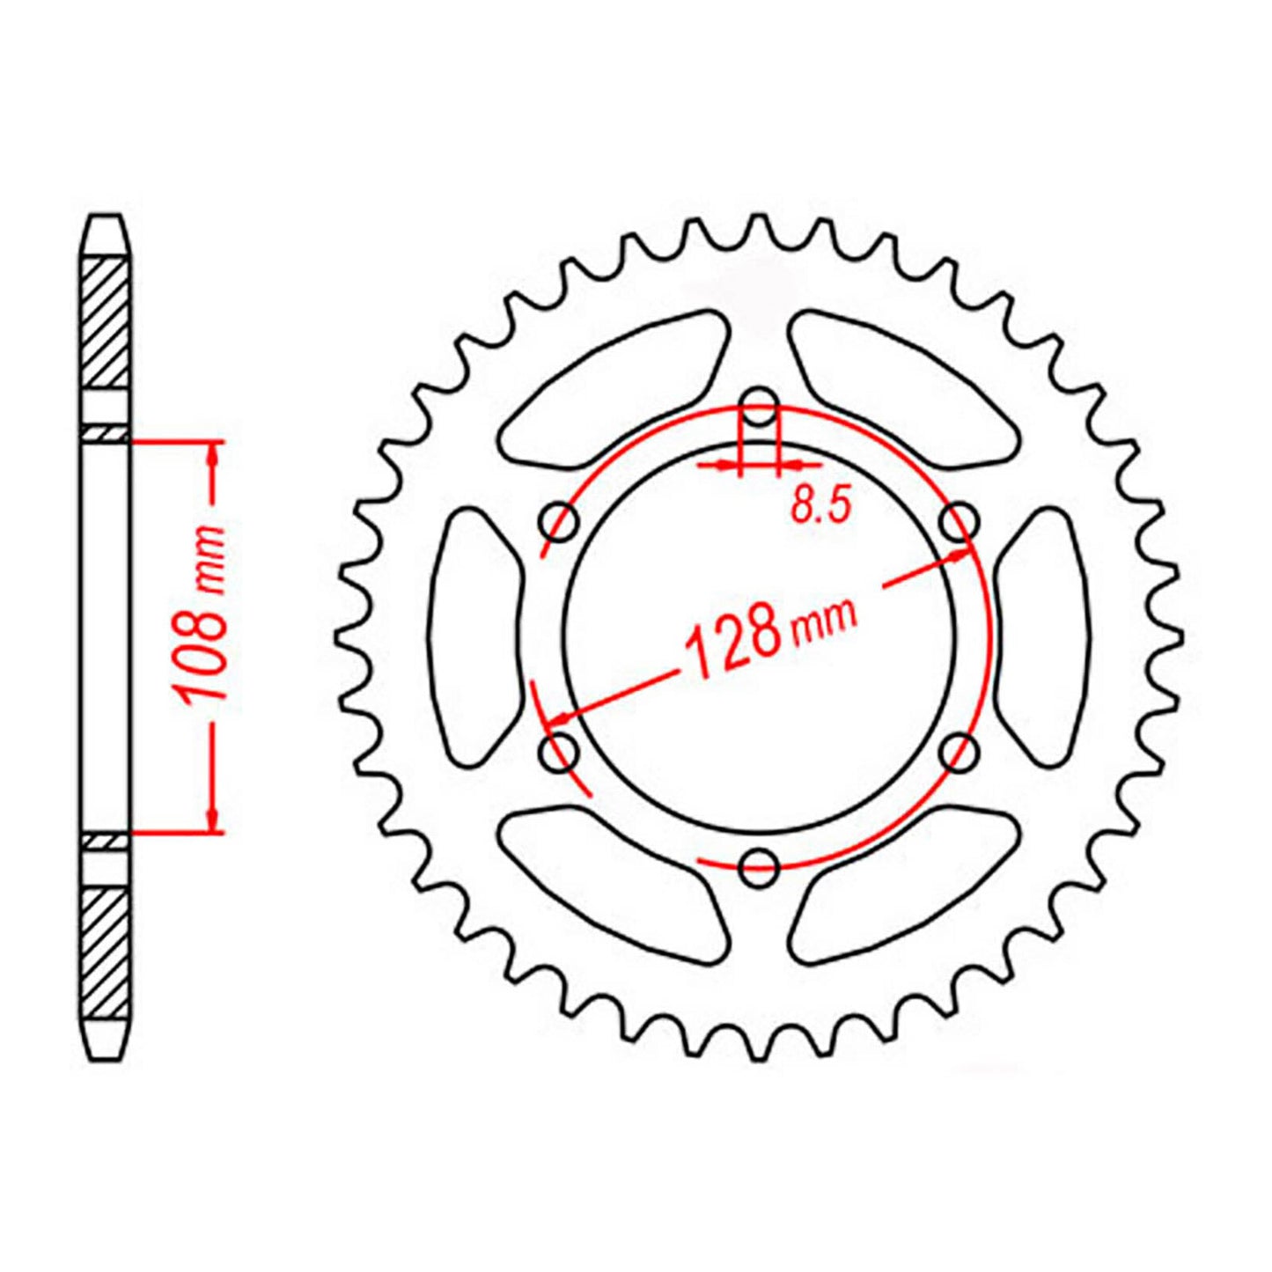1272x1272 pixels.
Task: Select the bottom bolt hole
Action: tap(759, 867)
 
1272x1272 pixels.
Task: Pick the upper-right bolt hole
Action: tap(959, 522)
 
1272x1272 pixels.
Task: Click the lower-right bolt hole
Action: tap(959, 753)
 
